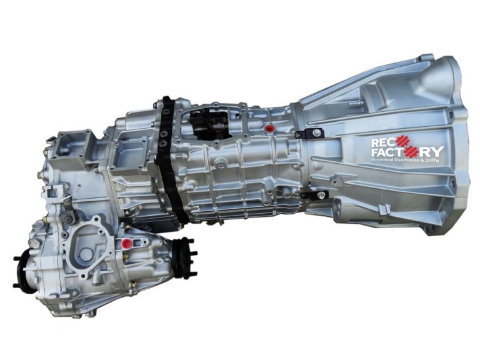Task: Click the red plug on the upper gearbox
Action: (x=269, y=129)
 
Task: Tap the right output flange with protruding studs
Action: (x=186, y=257)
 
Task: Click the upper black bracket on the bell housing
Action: (x=310, y=133)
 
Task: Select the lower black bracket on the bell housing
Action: (x=312, y=196)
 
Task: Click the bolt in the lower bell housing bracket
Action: (x=319, y=196)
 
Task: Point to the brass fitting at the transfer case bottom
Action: (x=133, y=285)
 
